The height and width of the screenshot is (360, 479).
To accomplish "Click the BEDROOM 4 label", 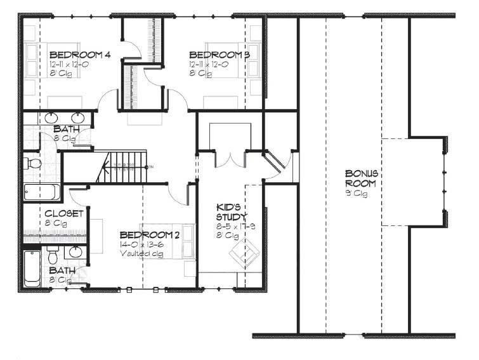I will pyautogui.click(x=80, y=55).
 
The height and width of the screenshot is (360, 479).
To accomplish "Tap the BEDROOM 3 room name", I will pyautogui.click(x=219, y=55).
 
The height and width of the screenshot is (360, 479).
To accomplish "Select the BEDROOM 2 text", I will pyautogui.click(x=147, y=234).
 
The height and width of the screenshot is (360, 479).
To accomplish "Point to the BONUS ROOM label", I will pyautogui.click(x=362, y=178).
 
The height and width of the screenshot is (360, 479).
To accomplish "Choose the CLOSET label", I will pyautogui.click(x=63, y=213).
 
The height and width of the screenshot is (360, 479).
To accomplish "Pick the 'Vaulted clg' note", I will pyautogui.click(x=142, y=253).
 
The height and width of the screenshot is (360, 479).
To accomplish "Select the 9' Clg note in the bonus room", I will pyautogui.click(x=360, y=194).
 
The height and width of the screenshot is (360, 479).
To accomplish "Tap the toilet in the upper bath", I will pyautogui.click(x=34, y=164).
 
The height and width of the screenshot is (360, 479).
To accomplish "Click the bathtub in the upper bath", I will pyautogui.click(x=42, y=192).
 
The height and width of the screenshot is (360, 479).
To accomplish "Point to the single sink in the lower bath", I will pyautogui.click(x=75, y=252).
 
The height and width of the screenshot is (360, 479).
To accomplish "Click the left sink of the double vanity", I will pyautogui.click(x=53, y=118).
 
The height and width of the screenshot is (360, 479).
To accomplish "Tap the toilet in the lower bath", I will pyautogui.click(x=53, y=255).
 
